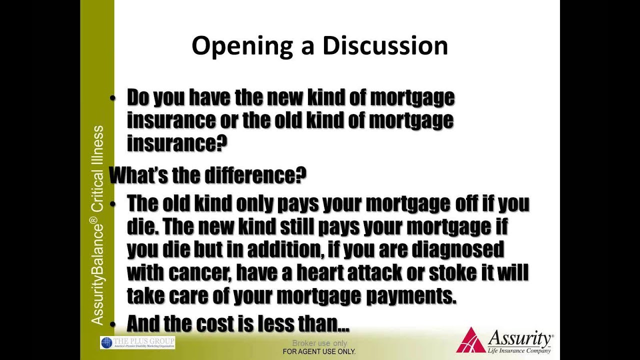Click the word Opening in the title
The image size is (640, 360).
tap(242, 46)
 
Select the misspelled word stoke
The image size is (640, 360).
tap(452, 272)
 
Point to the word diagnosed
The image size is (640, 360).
tap(458, 249)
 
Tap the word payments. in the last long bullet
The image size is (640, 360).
tap(411, 296)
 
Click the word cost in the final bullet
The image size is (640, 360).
tap(222, 323)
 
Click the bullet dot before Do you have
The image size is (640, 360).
tap(112, 98)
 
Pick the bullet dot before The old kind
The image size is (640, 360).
tap(112, 204)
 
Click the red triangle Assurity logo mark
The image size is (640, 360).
tap(470, 340)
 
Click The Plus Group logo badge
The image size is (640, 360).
tap(137, 342)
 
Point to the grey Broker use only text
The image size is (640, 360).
tap(319, 343)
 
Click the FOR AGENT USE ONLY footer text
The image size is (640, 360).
tap(319, 351)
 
